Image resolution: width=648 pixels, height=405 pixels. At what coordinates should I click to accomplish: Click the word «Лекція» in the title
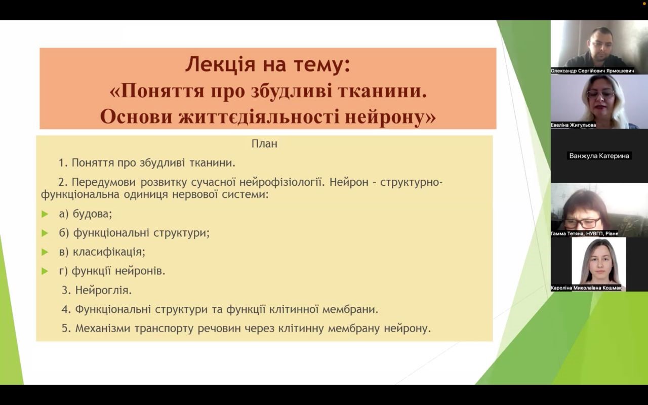(x=220, y=64)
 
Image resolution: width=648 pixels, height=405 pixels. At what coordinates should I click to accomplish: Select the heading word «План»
(x=264, y=144)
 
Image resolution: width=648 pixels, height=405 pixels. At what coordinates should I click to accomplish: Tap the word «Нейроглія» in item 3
(x=103, y=290)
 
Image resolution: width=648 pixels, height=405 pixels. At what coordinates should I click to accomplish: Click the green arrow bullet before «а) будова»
(x=45, y=214)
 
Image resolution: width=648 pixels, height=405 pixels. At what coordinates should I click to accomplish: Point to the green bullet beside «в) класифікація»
(x=45, y=252)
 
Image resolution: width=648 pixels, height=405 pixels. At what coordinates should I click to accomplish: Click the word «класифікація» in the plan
(x=109, y=252)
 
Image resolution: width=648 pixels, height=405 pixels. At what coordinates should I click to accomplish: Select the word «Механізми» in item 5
(x=103, y=329)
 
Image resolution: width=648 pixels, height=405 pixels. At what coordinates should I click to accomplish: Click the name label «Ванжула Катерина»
(x=599, y=156)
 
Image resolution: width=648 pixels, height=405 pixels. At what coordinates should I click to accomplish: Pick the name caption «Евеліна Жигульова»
(x=573, y=125)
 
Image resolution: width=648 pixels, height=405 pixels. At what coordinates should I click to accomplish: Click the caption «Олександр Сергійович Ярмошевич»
(x=592, y=71)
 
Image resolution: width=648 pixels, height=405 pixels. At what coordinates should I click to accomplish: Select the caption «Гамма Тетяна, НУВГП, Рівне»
(x=584, y=233)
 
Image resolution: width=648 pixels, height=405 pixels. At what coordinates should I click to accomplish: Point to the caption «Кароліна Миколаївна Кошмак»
(x=586, y=288)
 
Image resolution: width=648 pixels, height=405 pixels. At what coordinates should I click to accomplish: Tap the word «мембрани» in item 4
(x=350, y=309)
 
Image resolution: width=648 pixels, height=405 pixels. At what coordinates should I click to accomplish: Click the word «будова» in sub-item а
(x=92, y=214)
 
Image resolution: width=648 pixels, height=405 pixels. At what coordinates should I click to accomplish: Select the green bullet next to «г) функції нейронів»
(x=45, y=271)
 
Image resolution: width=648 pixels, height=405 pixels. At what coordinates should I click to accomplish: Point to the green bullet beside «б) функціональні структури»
(x=45, y=233)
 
